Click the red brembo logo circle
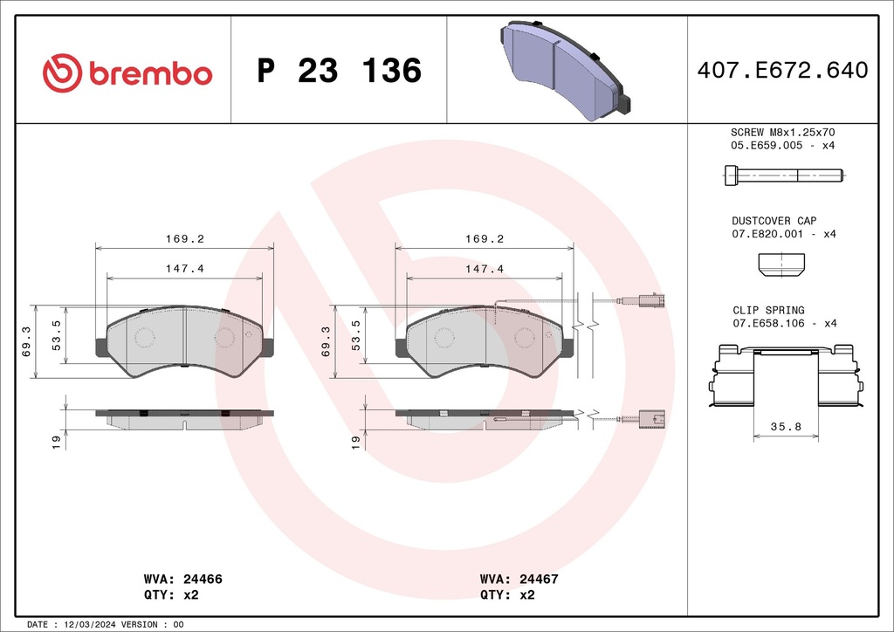tap(63, 73)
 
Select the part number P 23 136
tap(340, 71)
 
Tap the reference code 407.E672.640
tap(782, 70)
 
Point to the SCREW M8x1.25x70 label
tap(782, 132)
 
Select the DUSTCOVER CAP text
tap(774, 221)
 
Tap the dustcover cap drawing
tap(781, 265)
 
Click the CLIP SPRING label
tap(768, 310)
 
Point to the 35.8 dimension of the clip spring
tap(786, 426)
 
